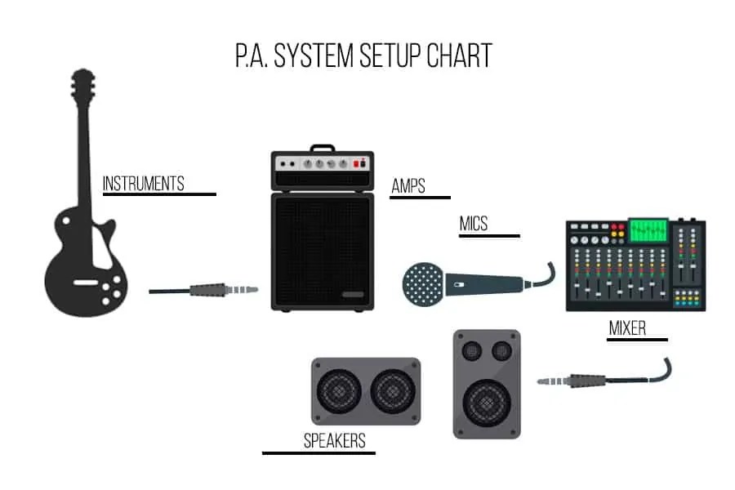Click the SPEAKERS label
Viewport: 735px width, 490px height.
tap(334, 442)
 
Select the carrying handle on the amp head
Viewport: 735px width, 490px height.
tap(322, 149)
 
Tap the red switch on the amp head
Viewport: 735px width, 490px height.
tap(356, 163)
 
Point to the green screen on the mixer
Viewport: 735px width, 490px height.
tap(648, 229)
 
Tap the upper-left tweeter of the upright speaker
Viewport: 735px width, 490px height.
tap(471, 351)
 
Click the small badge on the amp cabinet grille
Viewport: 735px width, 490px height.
tap(353, 295)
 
